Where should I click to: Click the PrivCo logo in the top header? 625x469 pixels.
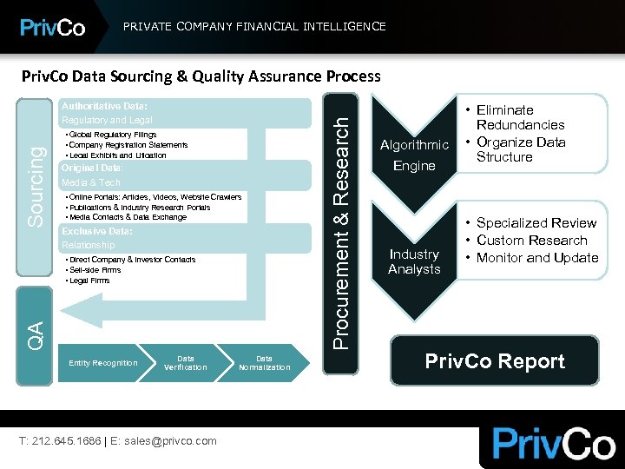[53, 27]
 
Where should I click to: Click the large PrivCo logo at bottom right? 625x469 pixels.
[553, 443]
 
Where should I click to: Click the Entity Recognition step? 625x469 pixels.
[102, 362]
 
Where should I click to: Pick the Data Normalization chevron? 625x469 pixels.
[264, 362]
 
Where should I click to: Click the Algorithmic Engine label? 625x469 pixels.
[414, 155]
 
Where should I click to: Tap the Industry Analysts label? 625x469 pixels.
[414, 261]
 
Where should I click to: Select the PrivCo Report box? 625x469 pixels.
[495, 361]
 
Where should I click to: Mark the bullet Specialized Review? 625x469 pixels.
[536, 223]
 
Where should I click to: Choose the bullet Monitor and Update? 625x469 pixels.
[536, 257]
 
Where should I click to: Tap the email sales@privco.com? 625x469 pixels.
[168, 441]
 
